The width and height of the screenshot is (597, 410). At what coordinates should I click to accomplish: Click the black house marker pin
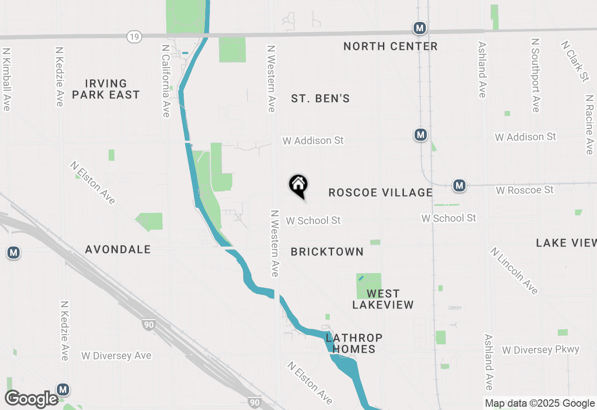(x=298, y=185)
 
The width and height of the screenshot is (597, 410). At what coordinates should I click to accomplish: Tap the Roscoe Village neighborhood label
(x=381, y=193)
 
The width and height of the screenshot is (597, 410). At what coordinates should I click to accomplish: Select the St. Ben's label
(x=320, y=99)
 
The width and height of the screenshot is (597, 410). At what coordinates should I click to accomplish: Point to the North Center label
(x=390, y=47)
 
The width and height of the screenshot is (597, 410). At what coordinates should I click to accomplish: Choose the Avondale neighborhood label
(x=118, y=250)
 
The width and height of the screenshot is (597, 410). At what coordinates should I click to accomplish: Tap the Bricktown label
(x=327, y=252)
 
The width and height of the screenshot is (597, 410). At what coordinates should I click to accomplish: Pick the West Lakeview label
(x=383, y=299)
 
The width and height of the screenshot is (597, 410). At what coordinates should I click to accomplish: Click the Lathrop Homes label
(x=354, y=343)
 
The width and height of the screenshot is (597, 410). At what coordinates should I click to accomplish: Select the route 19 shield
(x=134, y=37)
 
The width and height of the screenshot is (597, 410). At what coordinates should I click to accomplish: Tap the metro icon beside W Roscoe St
(x=459, y=185)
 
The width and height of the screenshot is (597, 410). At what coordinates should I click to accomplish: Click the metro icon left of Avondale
(x=14, y=253)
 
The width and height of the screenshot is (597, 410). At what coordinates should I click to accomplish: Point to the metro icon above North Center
(x=420, y=28)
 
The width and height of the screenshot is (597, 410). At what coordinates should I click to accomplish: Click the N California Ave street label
(x=166, y=81)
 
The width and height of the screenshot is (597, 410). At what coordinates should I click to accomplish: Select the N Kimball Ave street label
(x=6, y=79)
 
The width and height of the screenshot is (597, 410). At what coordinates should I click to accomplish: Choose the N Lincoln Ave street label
(x=514, y=271)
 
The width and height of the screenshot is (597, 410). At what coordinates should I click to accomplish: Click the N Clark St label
(x=575, y=61)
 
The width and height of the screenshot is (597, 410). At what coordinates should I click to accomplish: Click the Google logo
(x=32, y=399)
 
